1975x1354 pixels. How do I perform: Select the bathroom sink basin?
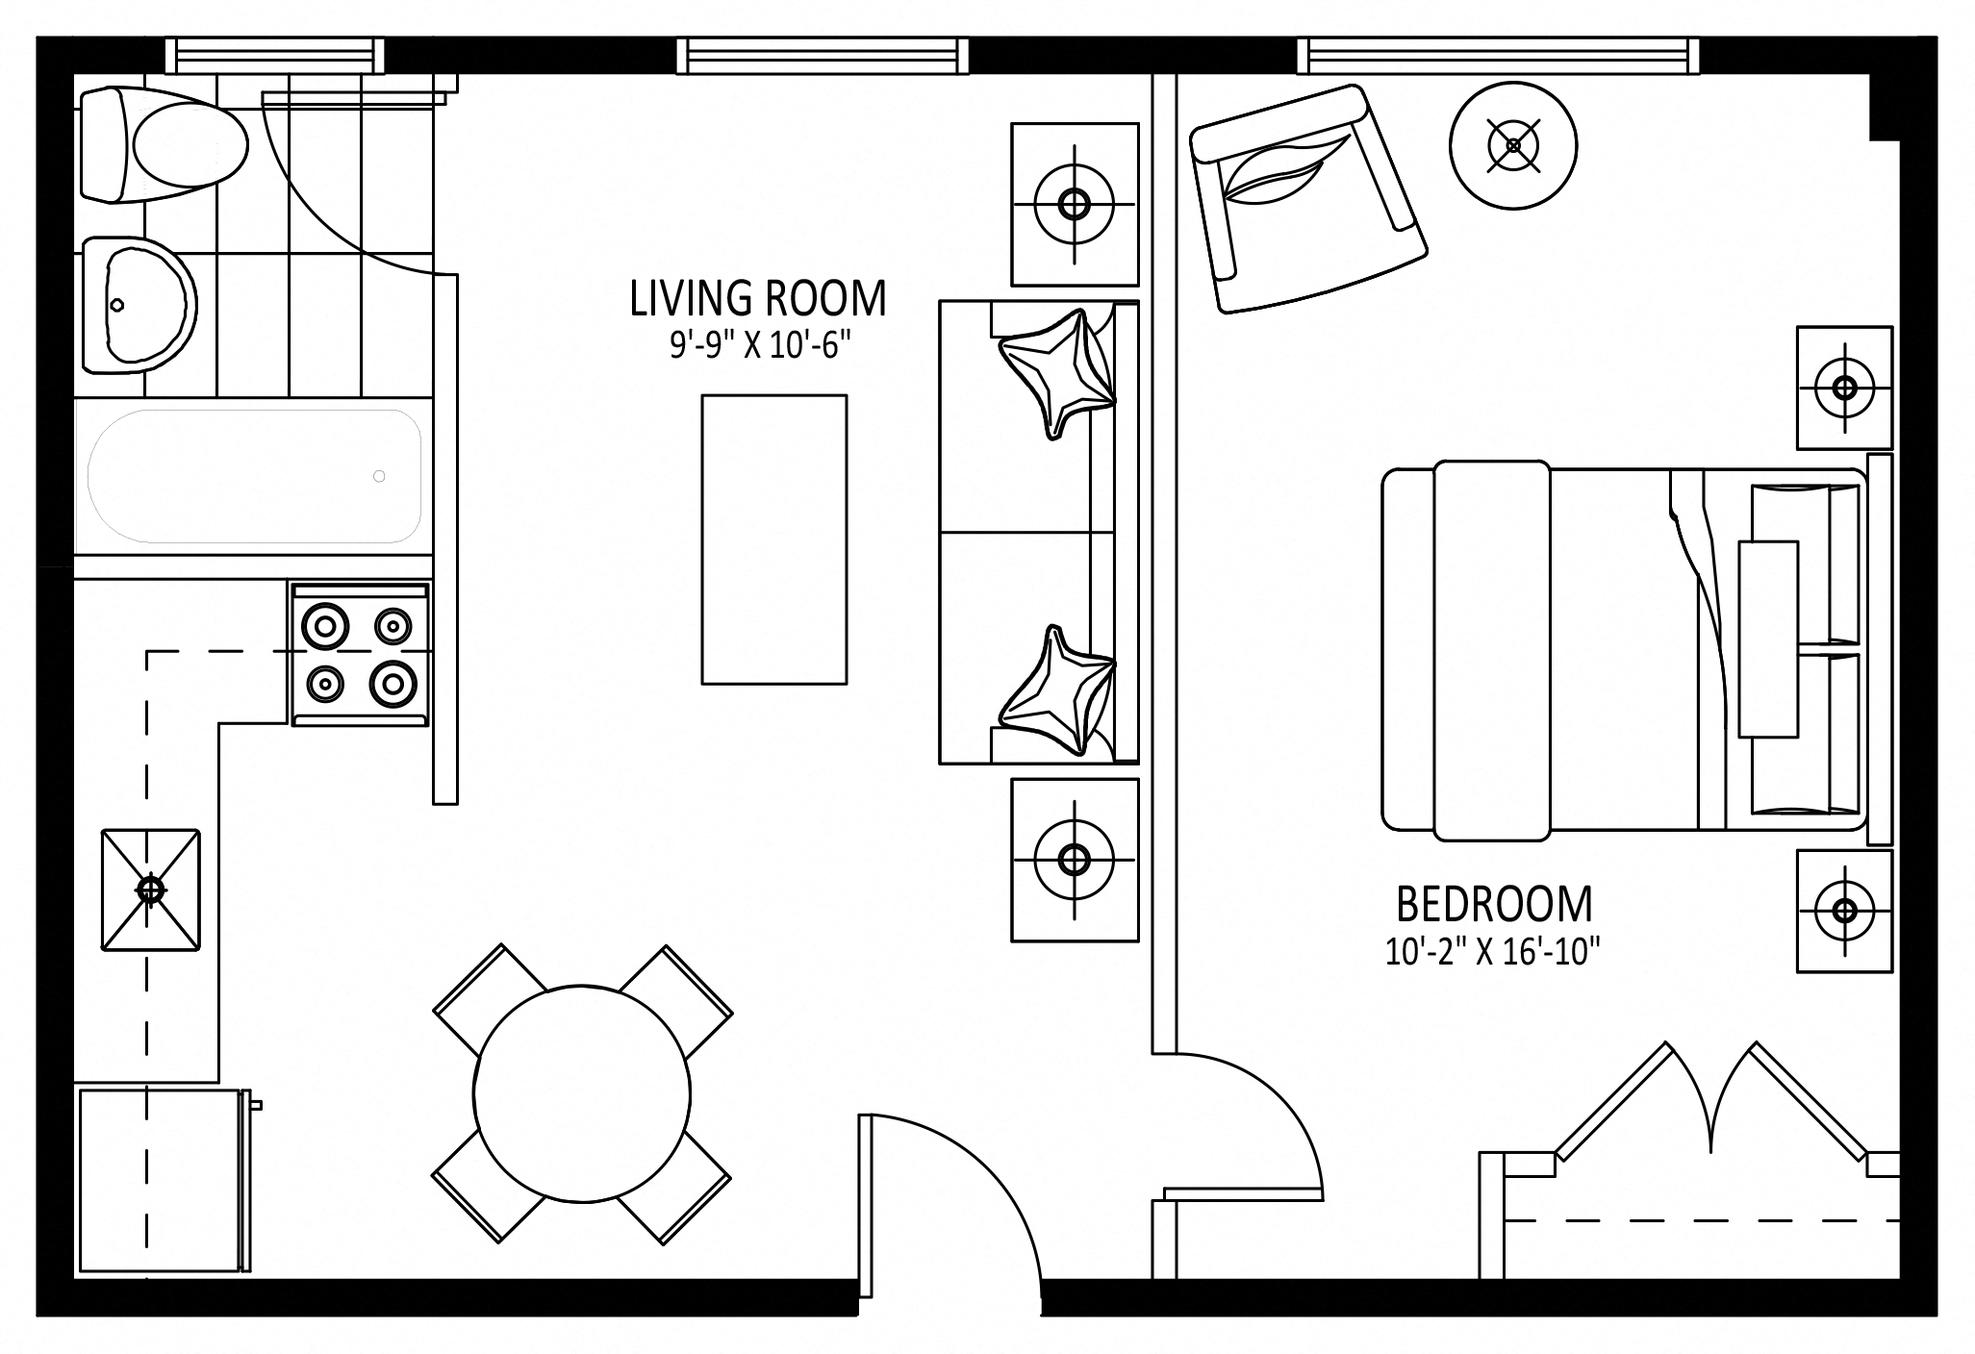tap(139, 306)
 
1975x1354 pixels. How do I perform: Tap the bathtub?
tap(254, 476)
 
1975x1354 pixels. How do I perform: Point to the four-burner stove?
tap(360, 654)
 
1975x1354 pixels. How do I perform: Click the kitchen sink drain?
tap(150, 890)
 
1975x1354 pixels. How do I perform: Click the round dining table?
tap(582, 1093)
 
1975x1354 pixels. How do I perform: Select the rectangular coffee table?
tap(774, 539)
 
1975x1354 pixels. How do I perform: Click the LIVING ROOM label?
tap(758, 299)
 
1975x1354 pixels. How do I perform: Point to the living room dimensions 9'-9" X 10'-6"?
tap(761, 345)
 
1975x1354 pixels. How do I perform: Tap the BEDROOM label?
tap(1494, 904)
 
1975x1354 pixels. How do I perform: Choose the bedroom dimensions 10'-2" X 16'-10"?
tap(1492, 952)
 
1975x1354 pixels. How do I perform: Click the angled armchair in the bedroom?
tap(1307, 198)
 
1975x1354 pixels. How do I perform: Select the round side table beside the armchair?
tap(1513, 146)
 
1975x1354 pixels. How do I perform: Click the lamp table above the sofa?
tap(1075, 204)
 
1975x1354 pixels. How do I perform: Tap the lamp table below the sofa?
tap(1075, 859)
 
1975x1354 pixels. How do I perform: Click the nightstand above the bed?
tap(1844, 388)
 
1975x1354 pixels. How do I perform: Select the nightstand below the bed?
tap(1844, 910)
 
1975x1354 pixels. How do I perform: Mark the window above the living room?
tap(821, 55)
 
